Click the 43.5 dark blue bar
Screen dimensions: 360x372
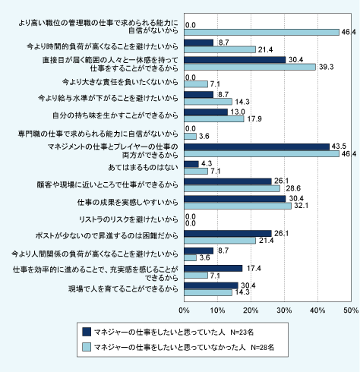pos(257,147)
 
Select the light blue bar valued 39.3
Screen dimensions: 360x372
pos(250,67)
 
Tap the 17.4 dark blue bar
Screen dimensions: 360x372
pos(213,268)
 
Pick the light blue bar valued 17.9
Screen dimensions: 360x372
pos(214,119)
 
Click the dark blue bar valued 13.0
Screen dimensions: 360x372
pos(206,112)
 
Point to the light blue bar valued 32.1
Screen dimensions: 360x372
pos(238,206)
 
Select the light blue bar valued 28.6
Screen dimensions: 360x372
pos(232,188)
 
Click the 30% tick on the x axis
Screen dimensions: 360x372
pos(284,311)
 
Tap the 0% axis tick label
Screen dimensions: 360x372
pos(184,311)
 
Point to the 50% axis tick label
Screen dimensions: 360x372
pos(351,311)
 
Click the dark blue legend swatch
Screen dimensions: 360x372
pos(87,332)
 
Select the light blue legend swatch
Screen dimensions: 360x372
pos(87,347)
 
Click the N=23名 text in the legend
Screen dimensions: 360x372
pos(242,332)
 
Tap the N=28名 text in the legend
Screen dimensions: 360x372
pos(262,348)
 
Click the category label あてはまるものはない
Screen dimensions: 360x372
pos(143,168)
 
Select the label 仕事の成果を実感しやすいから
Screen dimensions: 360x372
pos(128,202)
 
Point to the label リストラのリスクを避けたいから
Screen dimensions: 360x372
pos(128,219)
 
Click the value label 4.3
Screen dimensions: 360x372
pos(207,163)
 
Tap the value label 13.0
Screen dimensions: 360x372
pos(238,112)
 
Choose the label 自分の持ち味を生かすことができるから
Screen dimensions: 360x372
pos(115,115)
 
